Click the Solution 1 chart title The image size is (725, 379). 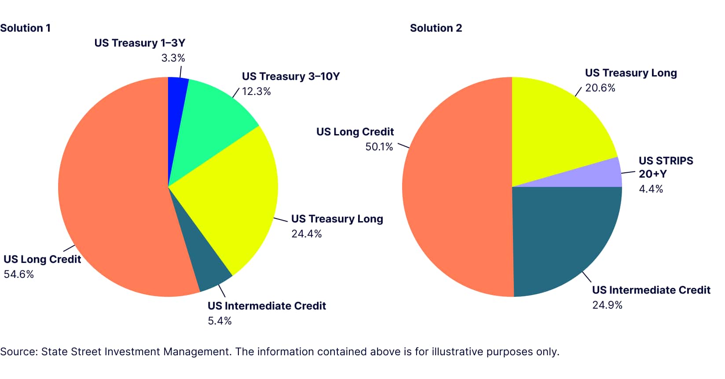click(26, 28)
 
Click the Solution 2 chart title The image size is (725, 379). click(436, 28)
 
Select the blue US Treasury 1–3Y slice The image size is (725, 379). click(177, 101)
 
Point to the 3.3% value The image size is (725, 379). click(173, 58)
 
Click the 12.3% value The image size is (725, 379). click(256, 91)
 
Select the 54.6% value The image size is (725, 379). click(18, 274)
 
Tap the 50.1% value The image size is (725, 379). click(379, 147)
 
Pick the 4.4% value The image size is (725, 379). click(651, 189)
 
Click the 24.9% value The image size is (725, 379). click(607, 305)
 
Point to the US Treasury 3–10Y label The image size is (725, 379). click(291, 77)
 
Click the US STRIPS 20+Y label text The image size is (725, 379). click(666, 167)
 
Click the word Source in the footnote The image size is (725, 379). click(18, 352)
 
